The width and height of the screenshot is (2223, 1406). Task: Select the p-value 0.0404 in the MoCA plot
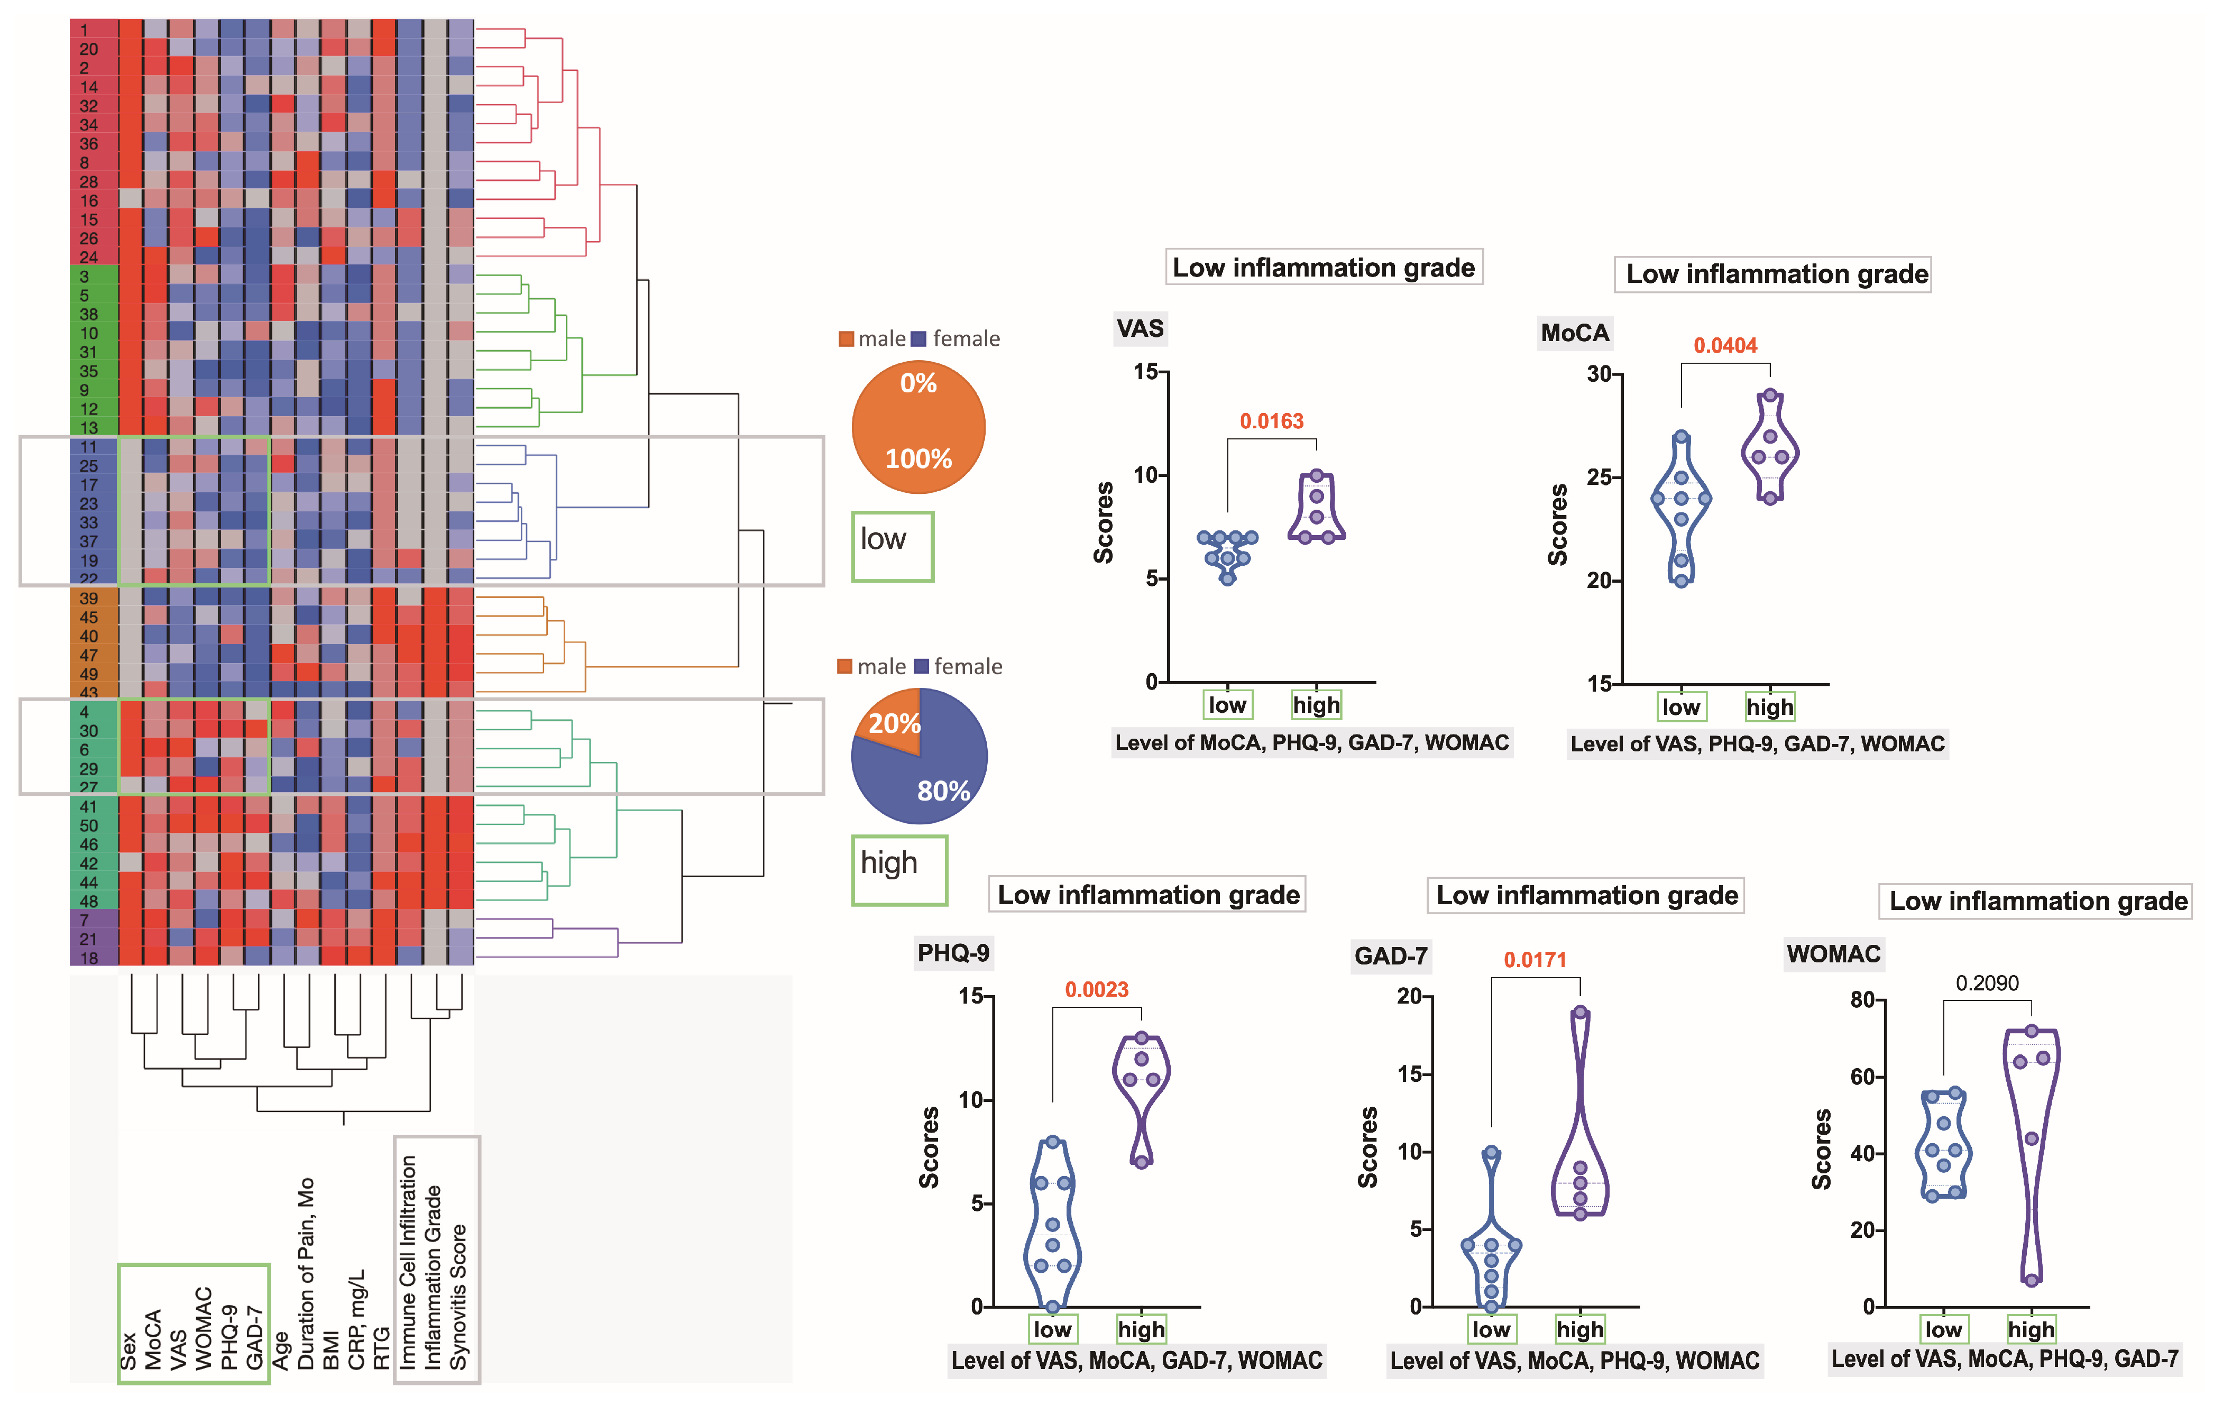pyautogui.click(x=1724, y=346)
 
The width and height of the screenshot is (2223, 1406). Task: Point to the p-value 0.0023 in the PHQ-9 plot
pyautogui.click(x=1097, y=990)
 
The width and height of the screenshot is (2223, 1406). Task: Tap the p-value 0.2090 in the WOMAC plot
pyautogui.click(x=1987, y=983)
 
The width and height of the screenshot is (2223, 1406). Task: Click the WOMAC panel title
pyautogui.click(x=1833, y=954)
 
